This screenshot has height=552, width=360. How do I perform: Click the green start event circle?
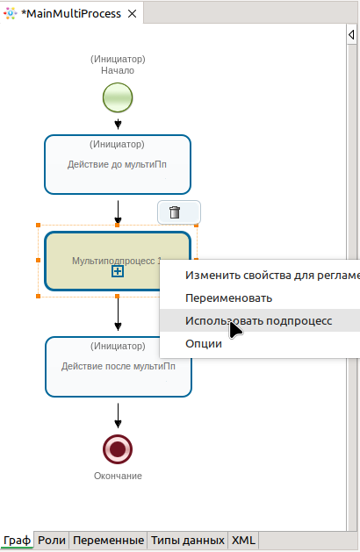[118, 97]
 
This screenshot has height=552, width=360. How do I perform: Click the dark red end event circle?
[118, 449]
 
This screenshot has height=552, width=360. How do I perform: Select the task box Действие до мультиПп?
[118, 164]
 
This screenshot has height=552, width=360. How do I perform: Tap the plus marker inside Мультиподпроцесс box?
[118, 271]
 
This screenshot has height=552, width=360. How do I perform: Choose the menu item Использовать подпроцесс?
[258, 320]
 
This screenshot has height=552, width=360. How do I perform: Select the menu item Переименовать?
[228, 298]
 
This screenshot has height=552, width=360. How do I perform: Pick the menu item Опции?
[204, 344]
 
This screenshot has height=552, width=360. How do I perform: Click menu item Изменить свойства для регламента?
[272, 276]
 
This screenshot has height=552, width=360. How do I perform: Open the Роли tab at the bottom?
[52, 540]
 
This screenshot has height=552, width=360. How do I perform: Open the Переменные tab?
[109, 540]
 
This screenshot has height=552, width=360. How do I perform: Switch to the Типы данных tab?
[188, 540]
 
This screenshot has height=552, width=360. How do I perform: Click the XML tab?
[243, 540]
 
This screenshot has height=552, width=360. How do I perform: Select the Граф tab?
[17, 540]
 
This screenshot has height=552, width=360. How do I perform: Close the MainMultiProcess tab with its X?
[132, 14]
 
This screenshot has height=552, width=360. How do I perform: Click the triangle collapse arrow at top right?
[351, 34]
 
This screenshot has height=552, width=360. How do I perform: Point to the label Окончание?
[118, 476]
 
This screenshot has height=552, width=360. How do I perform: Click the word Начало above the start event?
[118, 70]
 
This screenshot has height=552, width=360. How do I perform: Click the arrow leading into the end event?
[118, 416]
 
